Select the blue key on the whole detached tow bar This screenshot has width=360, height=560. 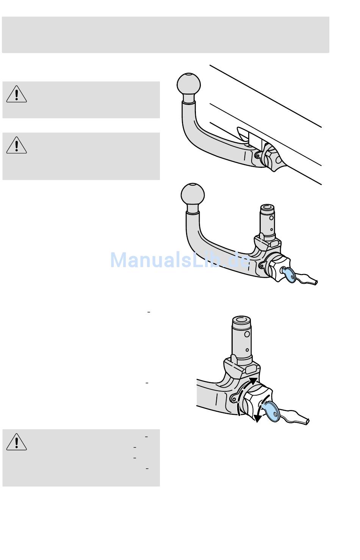(x=290, y=274)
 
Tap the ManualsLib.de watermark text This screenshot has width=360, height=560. (x=180, y=260)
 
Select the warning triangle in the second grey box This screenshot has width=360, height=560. (x=16, y=145)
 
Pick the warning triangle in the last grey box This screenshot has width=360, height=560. (x=16, y=441)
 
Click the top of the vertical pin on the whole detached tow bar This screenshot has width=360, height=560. (x=268, y=208)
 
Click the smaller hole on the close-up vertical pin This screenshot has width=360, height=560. (x=247, y=350)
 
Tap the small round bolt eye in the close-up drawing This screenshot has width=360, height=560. (x=234, y=398)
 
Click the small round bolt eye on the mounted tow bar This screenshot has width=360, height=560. (x=258, y=155)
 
